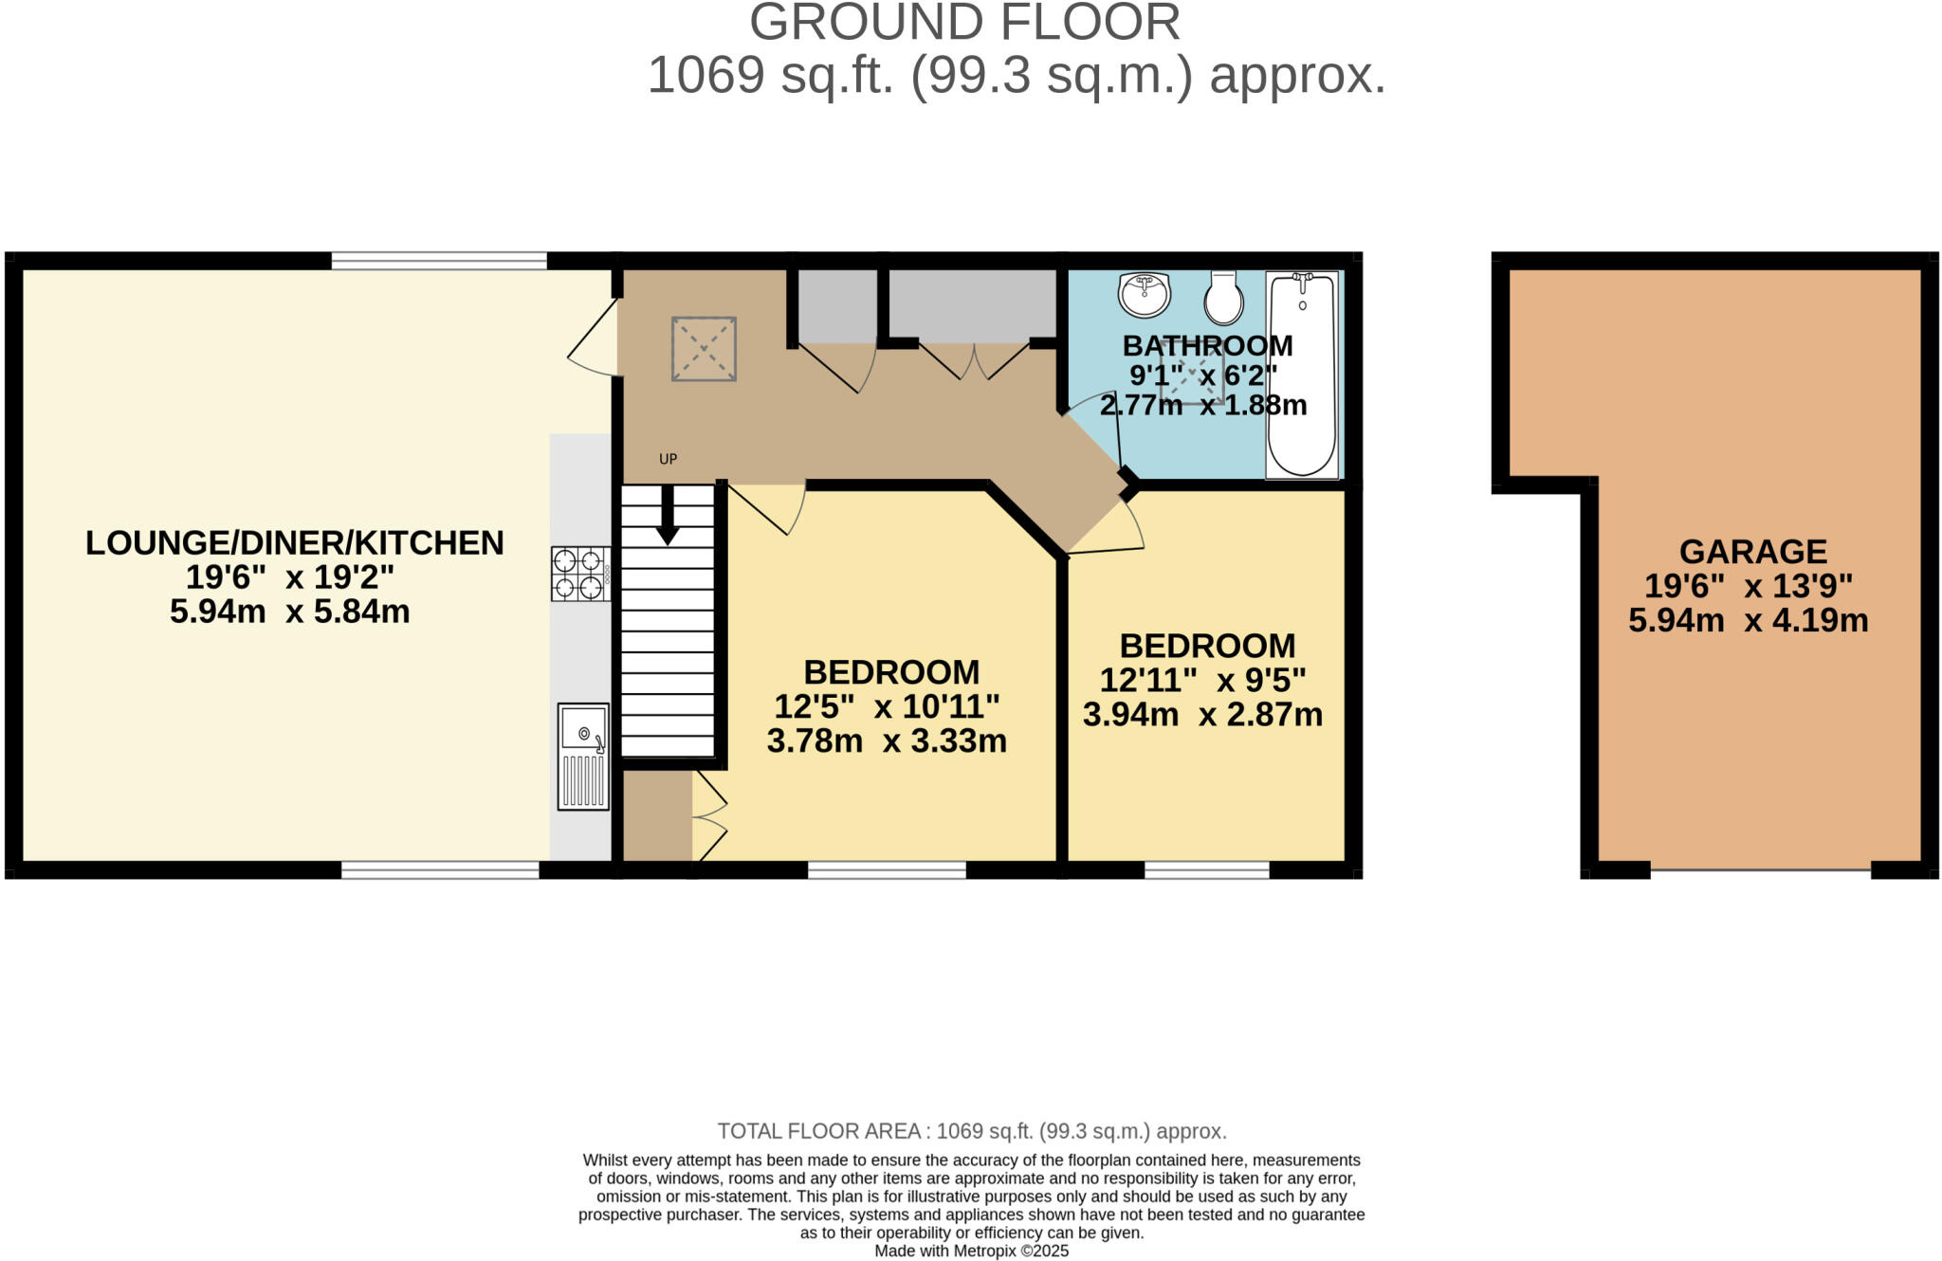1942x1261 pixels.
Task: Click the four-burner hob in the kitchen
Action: tap(580, 574)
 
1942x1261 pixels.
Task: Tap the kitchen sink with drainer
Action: tap(583, 757)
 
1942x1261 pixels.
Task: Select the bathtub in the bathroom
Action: tap(1302, 375)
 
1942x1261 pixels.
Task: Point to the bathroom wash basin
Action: tap(1145, 295)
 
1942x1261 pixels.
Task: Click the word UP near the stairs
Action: tap(668, 459)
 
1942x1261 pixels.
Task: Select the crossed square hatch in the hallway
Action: tap(704, 350)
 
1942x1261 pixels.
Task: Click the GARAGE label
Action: tap(1752, 552)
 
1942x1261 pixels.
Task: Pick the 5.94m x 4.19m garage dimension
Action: tap(1748, 621)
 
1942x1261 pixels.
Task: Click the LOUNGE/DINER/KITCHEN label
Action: tap(294, 543)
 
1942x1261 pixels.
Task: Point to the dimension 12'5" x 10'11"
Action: tap(887, 706)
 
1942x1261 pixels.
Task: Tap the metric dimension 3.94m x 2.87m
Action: tap(1202, 714)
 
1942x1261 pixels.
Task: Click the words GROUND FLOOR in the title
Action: tap(964, 23)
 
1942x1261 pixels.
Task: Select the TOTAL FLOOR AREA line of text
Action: tap(971, 1131)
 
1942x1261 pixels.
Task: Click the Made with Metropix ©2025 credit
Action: tap(971, 1251)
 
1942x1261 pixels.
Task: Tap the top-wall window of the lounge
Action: tap(439, 260)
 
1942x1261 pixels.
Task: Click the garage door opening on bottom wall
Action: tap(1760, 868)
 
